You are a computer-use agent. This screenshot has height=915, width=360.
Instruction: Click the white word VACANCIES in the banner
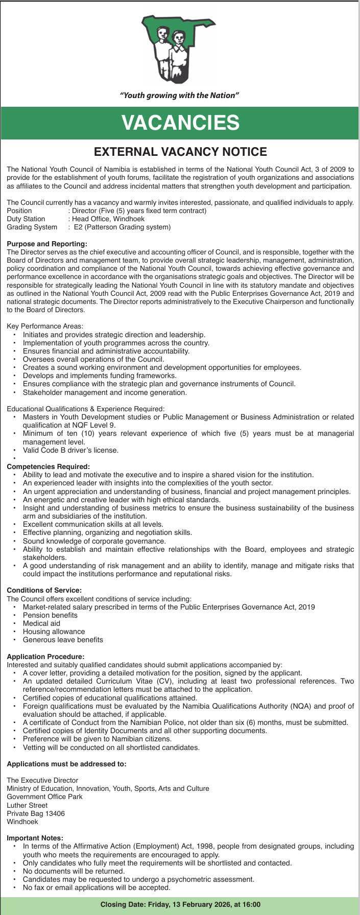tap(180, 123)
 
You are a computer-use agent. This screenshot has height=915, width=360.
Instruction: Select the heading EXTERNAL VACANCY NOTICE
tap(180, 151)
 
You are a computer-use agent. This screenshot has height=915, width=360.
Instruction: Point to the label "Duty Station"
tap(26, 219)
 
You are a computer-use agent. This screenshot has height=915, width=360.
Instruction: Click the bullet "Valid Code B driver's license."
tap(70, 450)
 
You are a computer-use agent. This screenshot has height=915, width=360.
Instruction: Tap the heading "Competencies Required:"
tap(49, 466)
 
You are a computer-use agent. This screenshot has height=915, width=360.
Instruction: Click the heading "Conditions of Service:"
tap(44, 590)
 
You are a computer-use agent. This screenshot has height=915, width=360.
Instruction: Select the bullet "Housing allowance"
tap(54, 631)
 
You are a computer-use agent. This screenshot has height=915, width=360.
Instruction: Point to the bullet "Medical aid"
tap(41, 623)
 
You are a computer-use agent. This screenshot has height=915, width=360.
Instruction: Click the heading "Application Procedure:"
tap(45, 656)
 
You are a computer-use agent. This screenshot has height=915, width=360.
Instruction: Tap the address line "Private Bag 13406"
tap(36, 813)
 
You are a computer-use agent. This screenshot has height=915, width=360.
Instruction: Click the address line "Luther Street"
tap(27, 805)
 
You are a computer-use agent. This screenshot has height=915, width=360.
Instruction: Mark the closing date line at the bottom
tap(180, 905)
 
